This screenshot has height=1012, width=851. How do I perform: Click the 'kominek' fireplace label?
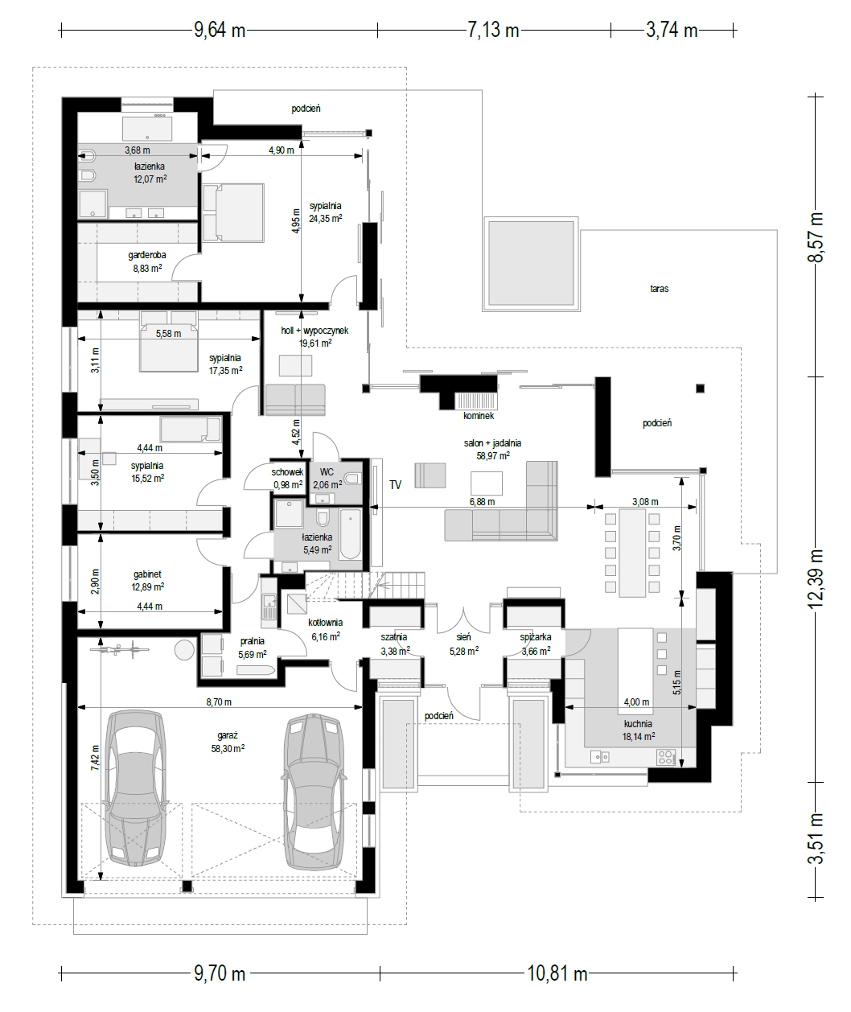[x=479, y=416]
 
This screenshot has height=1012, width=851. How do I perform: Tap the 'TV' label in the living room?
[x=395, y=484]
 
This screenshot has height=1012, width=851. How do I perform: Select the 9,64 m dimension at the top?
[x=220, y=30]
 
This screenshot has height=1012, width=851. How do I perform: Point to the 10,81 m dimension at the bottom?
[x=557, y=973]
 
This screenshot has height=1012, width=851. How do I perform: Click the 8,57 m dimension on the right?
[x=815, y=237]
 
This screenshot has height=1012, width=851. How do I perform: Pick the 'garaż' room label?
[x=228, y=735]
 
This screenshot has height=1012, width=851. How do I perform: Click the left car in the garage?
[x=136, y=788]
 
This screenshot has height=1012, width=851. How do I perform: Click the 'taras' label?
[x=659, y=289]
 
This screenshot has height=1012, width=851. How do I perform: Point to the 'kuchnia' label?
[x=638, y=724]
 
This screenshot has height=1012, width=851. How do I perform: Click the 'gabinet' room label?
[x=147, y=574]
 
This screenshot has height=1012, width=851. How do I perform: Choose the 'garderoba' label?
[x=147, y=255]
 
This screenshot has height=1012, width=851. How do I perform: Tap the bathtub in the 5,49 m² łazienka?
[x=351, y=534]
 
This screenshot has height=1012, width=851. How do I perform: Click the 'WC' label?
[x=327, y=471]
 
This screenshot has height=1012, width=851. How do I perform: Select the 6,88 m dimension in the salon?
[x=482, y=502]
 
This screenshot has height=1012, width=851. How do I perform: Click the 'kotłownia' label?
[x=325, y=623]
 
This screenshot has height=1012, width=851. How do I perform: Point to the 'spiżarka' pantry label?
[x=536, y=637]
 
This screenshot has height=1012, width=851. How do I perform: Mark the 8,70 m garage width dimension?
[x=219, y=701]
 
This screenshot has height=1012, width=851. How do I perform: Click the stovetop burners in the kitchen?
[x=666, y=757]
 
